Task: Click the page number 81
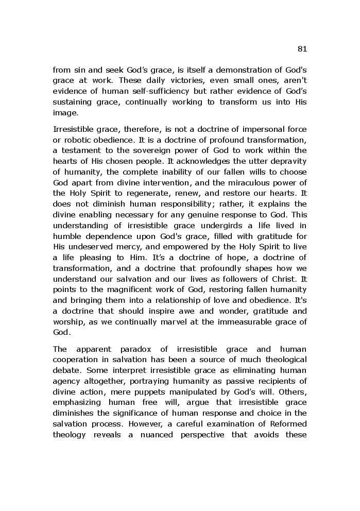pyautogui.click(x=302, y=49)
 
